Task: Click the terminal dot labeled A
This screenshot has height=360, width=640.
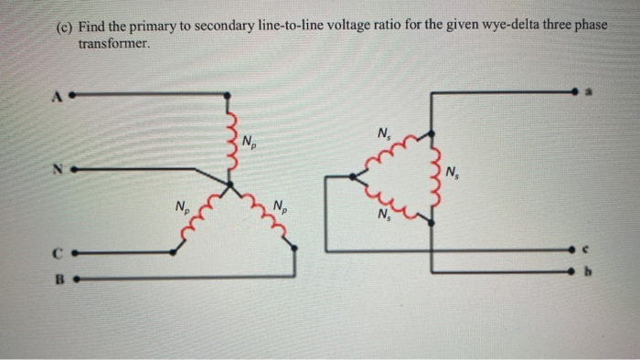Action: pos(71,93)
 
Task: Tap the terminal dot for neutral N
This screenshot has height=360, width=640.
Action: pos(70,169)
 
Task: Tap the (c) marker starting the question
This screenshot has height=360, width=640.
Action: pos(63,26)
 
